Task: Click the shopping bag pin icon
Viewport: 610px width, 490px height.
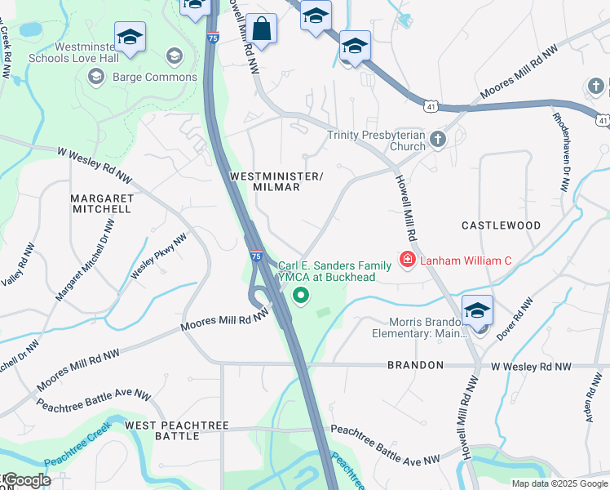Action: [x=263, y=29]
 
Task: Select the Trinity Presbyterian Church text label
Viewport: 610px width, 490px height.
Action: [x=376, y=141]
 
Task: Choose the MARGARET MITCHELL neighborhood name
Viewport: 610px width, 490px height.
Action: [x=100, y=203]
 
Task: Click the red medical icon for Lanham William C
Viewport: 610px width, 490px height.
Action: [x=406, y=261]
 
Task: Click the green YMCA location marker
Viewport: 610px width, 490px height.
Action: [x=302, y=296]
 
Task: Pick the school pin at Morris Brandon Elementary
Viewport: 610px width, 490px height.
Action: [x=477, y=310]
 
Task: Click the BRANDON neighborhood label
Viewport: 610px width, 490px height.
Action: [x=415, y=365]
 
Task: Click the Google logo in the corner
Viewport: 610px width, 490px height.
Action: [x=26, y=480]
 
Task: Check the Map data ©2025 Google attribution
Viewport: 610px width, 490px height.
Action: [x=559, y=483]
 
